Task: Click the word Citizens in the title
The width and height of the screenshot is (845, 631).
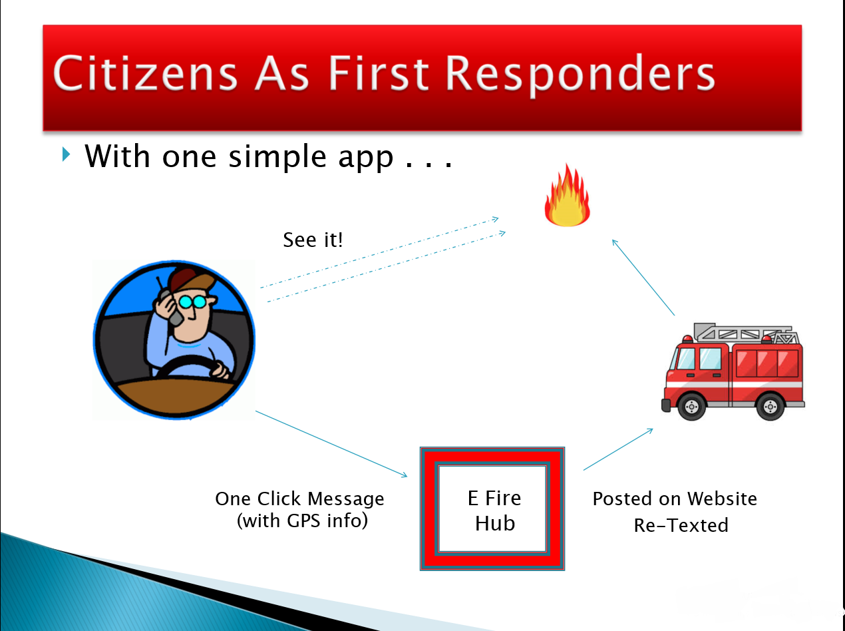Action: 145,73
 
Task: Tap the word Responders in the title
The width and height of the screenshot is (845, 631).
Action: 580,75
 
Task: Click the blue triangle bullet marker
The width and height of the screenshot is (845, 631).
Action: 67,154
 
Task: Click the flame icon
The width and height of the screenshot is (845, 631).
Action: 567,196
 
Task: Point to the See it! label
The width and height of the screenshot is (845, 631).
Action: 313,240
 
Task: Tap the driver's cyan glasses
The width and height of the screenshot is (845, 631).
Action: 192,302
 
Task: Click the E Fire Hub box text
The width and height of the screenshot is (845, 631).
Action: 494,511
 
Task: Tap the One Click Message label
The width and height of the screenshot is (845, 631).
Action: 299,499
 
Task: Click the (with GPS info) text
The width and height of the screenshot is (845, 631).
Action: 302,521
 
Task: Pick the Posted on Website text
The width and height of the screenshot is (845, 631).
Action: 675,499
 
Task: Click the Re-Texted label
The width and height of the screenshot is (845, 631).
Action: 681,525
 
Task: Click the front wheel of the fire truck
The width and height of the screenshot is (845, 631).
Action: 692,406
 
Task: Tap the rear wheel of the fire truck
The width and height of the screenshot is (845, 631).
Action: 770,406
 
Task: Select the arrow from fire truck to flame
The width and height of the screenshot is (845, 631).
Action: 643,278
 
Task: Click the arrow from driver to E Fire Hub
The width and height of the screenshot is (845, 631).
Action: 331,444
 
